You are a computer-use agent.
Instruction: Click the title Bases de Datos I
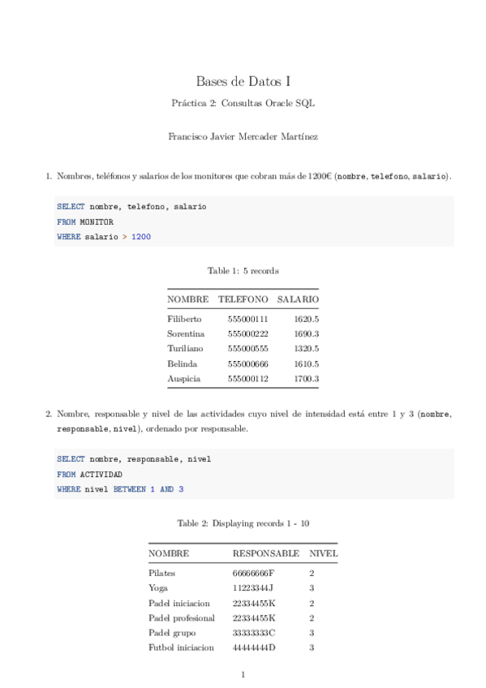[243, 81]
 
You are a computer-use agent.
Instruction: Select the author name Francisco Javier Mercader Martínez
[243, 137]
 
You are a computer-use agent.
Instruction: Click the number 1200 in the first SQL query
[141, 237]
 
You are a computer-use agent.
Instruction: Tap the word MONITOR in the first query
[97, 221]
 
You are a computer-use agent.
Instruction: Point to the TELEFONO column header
[243, 299]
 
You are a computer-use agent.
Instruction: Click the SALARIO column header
[298, 299]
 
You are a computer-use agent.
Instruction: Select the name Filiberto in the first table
[184, 319]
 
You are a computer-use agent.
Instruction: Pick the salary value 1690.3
[307, 333]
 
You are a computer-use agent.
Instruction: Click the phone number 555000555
[247, 348]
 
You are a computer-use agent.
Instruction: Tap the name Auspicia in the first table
[183, 378]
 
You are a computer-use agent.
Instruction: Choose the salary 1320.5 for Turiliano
[307, 348]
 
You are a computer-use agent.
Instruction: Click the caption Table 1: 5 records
[243, 270]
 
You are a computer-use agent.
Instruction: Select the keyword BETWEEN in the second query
[129, 489]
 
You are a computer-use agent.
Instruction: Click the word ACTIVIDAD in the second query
[101, 474]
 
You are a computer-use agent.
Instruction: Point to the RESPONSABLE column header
[265, 553]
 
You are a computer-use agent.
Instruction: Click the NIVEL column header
[324, 553]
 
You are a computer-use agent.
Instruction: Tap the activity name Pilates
[162, 573]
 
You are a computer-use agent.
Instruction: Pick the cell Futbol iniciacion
[181, 647]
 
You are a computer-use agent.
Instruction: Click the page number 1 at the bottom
[243, 674]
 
